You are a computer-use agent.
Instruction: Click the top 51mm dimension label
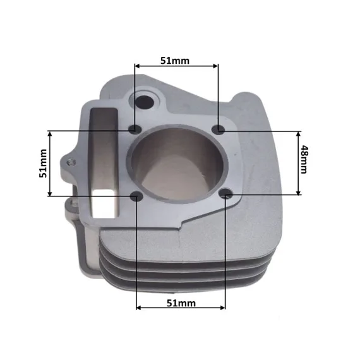(175, 61)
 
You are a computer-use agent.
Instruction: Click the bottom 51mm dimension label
(181, 303)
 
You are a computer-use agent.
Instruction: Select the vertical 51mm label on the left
(43, 163)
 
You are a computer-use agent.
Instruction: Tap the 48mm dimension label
(304, 159)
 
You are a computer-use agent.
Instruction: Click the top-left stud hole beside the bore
(135, 129)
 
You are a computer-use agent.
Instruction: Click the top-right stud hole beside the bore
(219, 129)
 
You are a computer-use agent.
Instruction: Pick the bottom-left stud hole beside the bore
(136, 196)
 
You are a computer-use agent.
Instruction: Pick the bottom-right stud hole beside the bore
(226, 193)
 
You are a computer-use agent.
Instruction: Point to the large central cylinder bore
(177, 164)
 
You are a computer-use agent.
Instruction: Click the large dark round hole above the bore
(143, 102)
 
